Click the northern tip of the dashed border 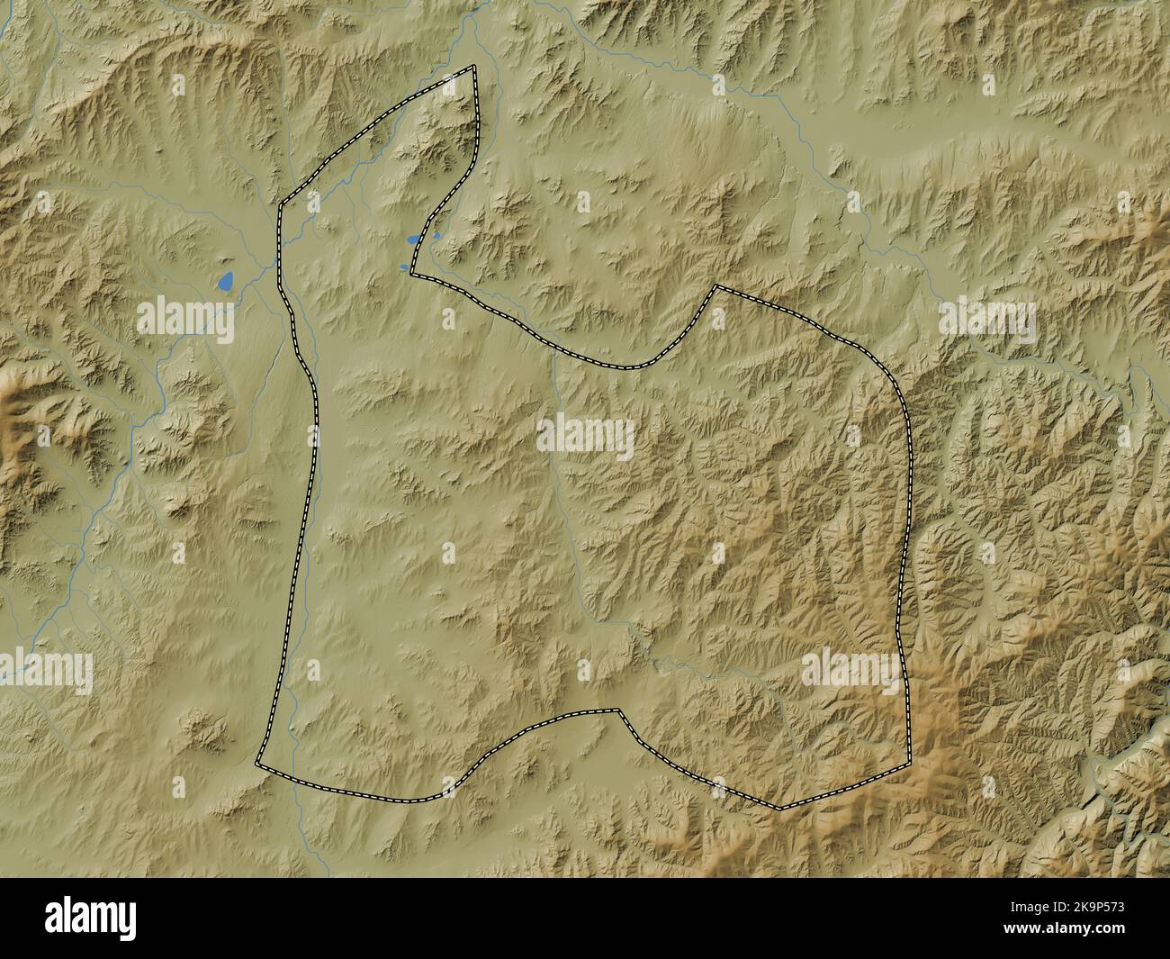pyautogui.click(x=473, y=66)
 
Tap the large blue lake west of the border pyautogui.click(x=226, y=283)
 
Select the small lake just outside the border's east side pyautogui.click(x=436, y=236)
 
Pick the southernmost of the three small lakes pyautogui.click(x=403, y=267)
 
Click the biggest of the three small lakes pyautogui.click(x=413, y=240)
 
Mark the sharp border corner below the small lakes pyautogui.click(x=411, y=272)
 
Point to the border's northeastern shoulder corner pyautogui.click(x=715, y=286)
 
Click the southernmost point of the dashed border pyautogui.click(x=780, y=808)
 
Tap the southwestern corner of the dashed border pyautogui.click(x=257, y=764)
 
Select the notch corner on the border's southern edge pyautogui.click(x=620, y=710)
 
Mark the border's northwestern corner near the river pyautogui.click(x=280, y=204)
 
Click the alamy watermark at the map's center pyautogui.click(x=585, y=437)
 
